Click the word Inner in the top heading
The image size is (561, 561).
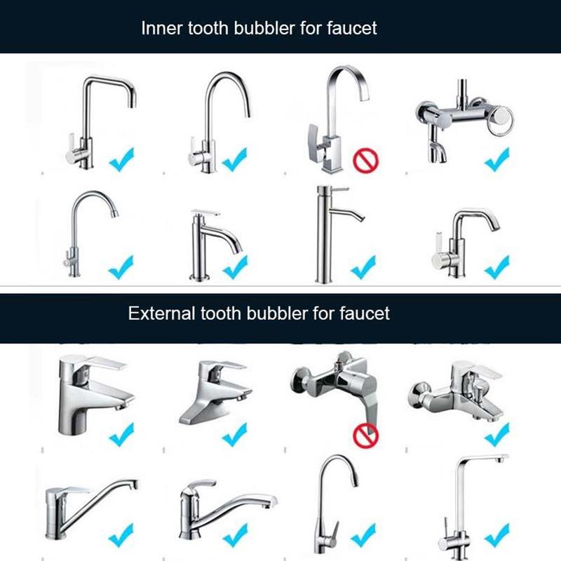click(159, 28)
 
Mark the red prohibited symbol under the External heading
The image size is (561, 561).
click(365, 435)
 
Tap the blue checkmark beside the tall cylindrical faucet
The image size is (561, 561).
click(363, 266)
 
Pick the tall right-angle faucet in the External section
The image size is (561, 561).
click(466, 501)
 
